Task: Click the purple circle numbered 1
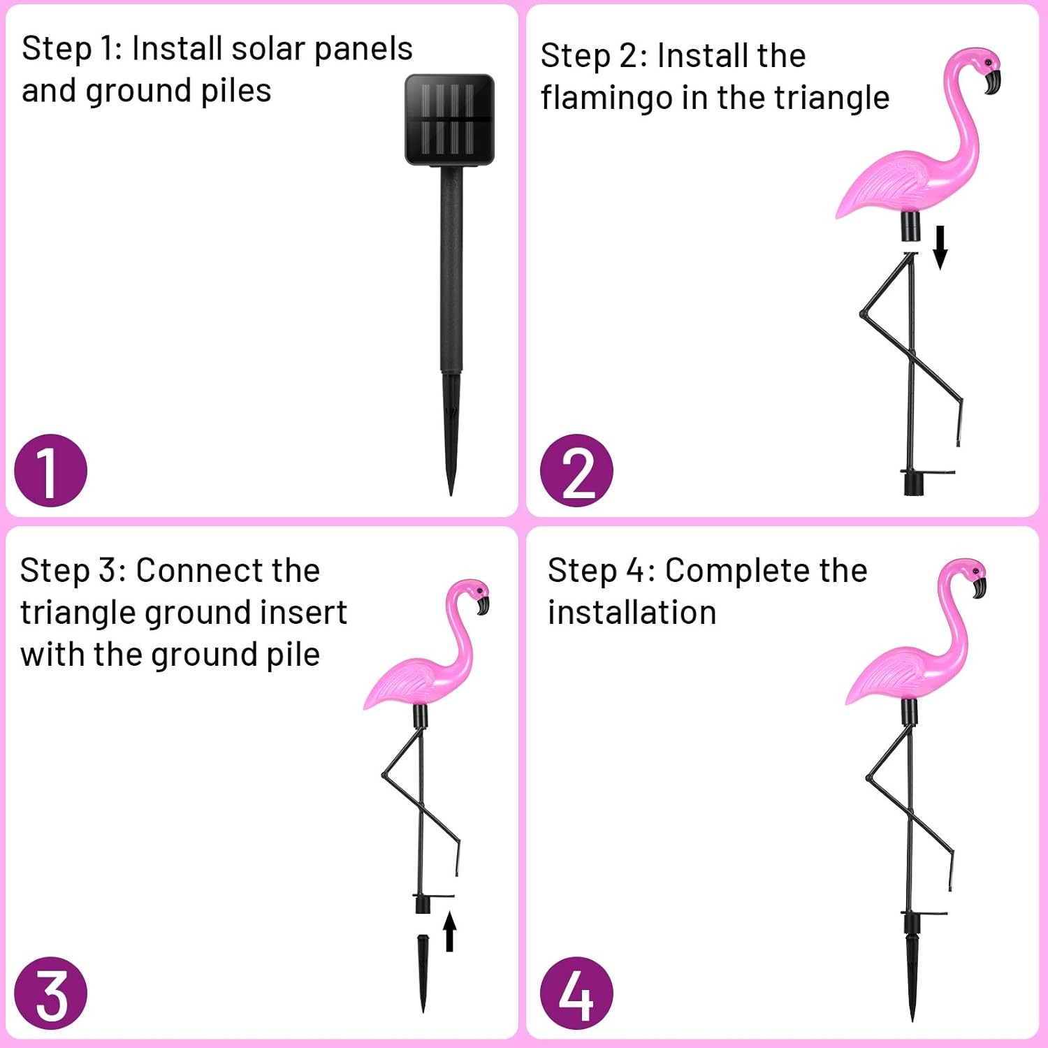click(x=50, y=471)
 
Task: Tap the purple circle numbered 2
click(x=576, y=471)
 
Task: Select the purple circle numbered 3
click(x=50, y=993)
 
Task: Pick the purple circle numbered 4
click(x=576, y=993)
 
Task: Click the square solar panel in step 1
click(x=450, y=119)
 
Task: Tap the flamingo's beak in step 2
click(x=993, y=82)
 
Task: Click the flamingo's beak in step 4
click(x=980, y=586)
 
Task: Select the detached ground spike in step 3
click(x=423, y=971)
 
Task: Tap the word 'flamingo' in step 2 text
click(x=606, y=98)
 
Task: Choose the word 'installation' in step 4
click(x=632, y=613)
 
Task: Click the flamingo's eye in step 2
click(x=988, y=64)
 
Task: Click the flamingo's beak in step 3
click(x=483, y=604)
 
